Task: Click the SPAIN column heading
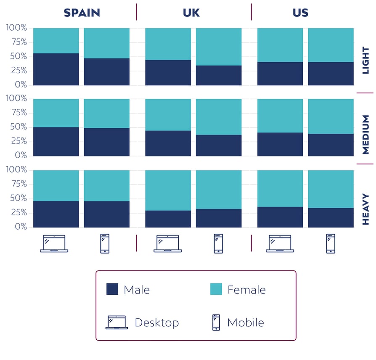click(x=82, y=13)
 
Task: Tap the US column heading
click(x=300, y=13)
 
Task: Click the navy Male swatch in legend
click(x=112, y=289)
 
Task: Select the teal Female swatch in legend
click(x=216, y=289)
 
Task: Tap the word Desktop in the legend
click(x=156, y=323)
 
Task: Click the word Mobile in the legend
click(x=246, y=323)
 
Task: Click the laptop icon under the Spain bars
click(x=54, y=244)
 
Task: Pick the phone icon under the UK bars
click(x=218, y=244)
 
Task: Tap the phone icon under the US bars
click(x=331, y=244)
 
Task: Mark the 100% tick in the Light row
click(x=16, y=28)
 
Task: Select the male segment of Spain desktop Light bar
click(x=56, y=69)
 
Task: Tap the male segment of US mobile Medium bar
click(x=331, y=145)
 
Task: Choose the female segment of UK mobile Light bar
click(x=218, y=47)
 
